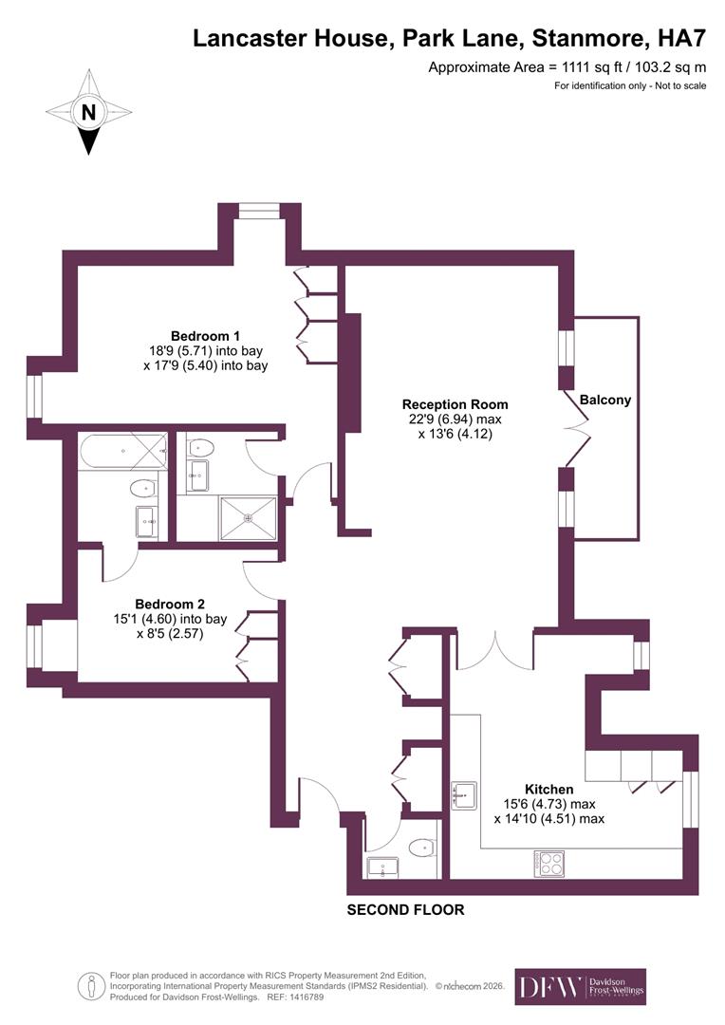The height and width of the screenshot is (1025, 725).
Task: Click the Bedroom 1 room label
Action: [x=205, y=336]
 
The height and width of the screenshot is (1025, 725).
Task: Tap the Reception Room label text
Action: [x=455, y=404]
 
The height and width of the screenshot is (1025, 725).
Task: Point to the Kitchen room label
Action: [x=548, y=789]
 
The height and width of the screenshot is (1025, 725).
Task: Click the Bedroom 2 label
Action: [x=170, y=604]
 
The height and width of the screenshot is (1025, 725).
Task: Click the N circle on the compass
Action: [x=89, y=112]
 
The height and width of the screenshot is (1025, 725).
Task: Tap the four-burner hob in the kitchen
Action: [x=549, y=863]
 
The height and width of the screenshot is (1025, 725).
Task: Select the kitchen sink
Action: [x=464, y=796]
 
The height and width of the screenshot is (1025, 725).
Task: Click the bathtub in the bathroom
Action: [x=123, y=451]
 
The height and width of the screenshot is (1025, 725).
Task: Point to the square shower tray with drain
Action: [x=249, y=518]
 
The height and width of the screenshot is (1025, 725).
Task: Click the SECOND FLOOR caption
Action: [x=405, y=910]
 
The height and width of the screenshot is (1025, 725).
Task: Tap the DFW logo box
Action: [x=580, y=986]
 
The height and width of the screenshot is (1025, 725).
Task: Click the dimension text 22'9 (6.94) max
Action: [x=455, y=419]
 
